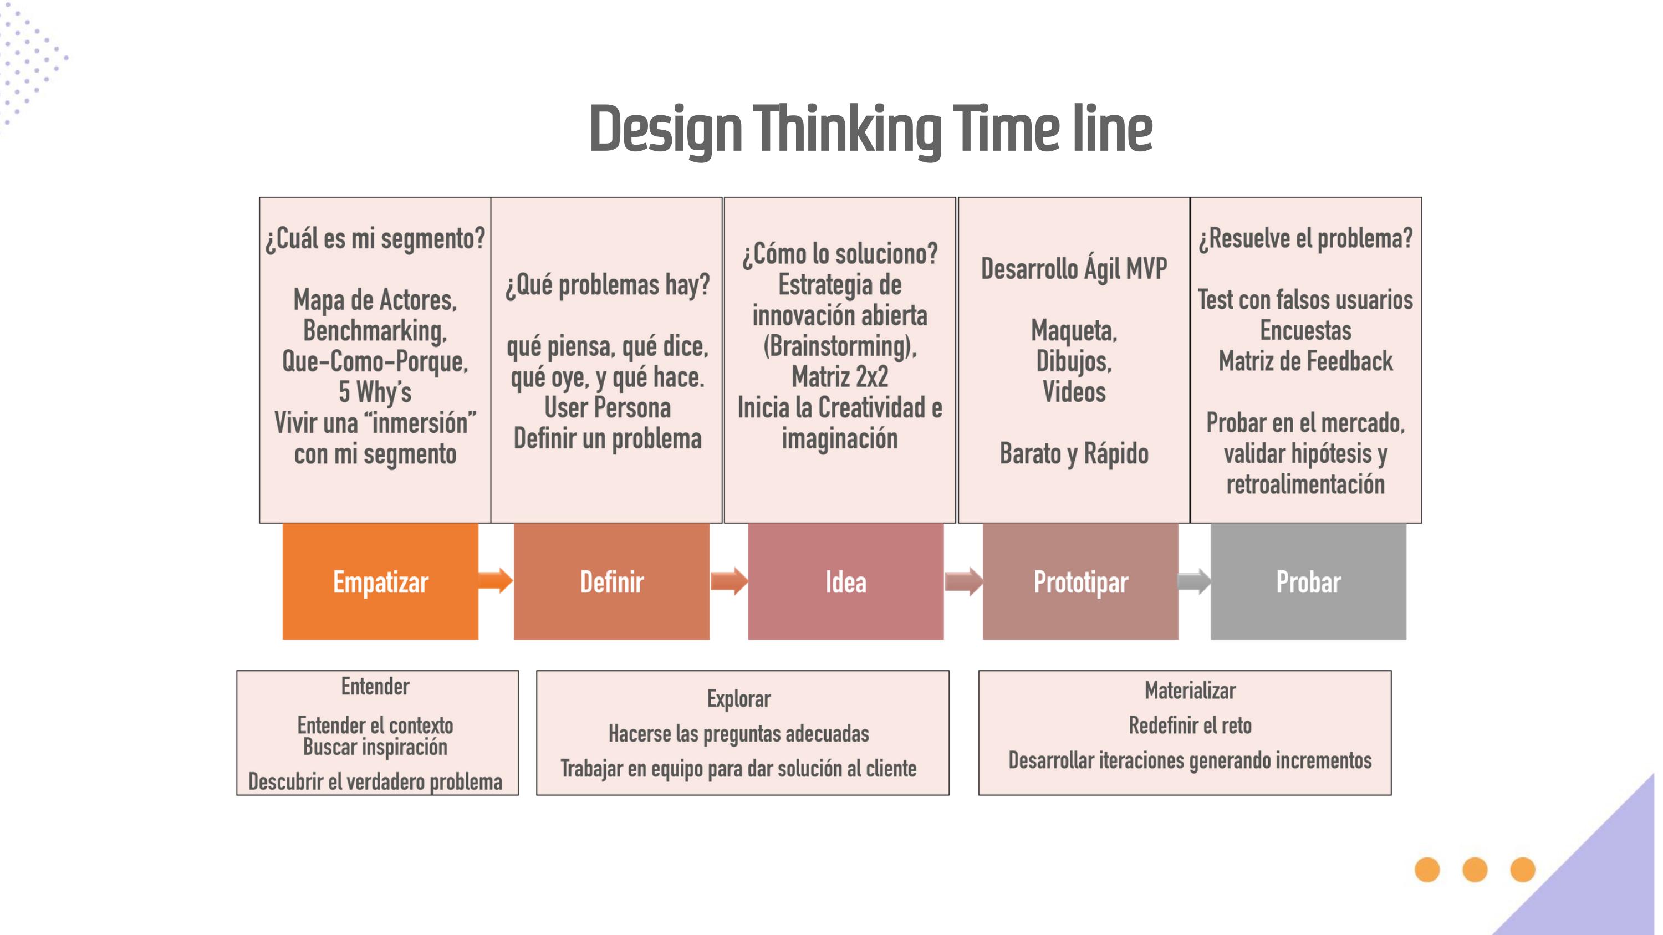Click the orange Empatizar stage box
[380, 581]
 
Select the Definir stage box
[611, 581]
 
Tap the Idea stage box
[846, 581]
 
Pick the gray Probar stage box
[1308, 581]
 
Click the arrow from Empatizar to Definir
[496, 580]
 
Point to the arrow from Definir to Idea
[730, 581]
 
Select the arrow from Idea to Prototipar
[964, 581]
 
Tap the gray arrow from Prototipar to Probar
[1195, 581]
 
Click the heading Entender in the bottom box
[375, 687]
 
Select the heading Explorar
[738, 699]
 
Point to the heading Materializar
[1190, 691]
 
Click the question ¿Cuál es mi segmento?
[375, 239]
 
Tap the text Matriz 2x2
[840, 377]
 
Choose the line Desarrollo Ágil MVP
[1074, 268]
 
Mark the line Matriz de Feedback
[1305, 361]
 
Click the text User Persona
[608, 408]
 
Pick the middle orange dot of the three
[1475, 869]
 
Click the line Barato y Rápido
[1074, 453]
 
